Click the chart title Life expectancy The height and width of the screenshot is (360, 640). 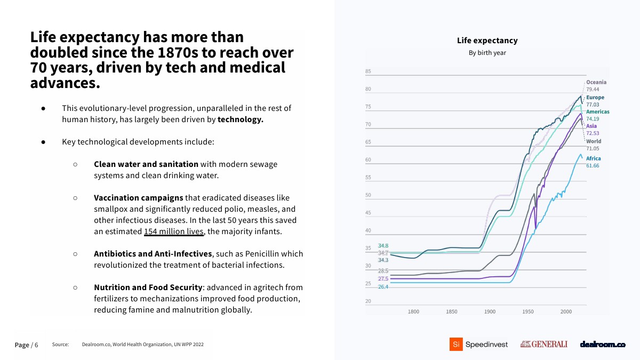click(x=487, y=41)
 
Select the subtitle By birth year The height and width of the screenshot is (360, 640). click(x=487, y=53)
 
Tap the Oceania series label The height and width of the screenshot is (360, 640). click(x=596, y=82)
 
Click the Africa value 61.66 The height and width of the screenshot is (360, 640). click(x=593, y=166)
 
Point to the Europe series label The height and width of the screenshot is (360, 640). click(x=595, y=98)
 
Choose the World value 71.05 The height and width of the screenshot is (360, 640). click(x=593, y=148)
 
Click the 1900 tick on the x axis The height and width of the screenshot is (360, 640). click(x=490, y=311)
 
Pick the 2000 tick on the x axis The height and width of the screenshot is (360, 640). click(x=566, y=311)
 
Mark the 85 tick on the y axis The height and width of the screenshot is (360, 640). click(x=368, y=71)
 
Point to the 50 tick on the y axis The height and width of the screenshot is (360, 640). click(x=368, y=195)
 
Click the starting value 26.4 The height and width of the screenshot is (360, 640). click(x=383, y=287)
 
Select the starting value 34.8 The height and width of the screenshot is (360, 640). click(x=383, y=245)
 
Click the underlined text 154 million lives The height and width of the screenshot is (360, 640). click(x=174, y=231)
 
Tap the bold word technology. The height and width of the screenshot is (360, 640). click(x=241, y=119)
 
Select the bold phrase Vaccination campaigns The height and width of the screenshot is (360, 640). click(x=139, y=198)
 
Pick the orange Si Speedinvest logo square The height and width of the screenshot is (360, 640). click(x=455, y=345)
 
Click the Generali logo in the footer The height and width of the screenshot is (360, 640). click(x=543, y=345)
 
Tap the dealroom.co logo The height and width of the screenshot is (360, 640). click(x=602, y=345)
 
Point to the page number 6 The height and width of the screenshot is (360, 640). click(x=36, y=345)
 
